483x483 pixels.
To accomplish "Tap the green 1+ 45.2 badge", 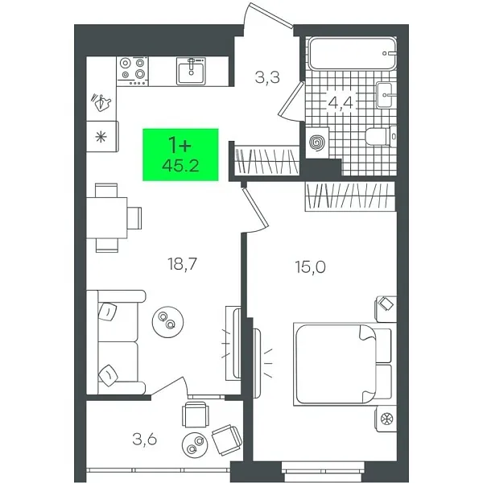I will tap(181, 154).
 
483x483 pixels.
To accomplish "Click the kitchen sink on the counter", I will tap(192, 71).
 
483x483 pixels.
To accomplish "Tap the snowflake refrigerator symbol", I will tap(102, 136).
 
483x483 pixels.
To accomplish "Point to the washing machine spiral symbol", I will tap(317, 142).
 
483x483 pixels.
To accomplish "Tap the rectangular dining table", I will tap(106, 218).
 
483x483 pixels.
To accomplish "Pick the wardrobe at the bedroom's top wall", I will tap(351, 196).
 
